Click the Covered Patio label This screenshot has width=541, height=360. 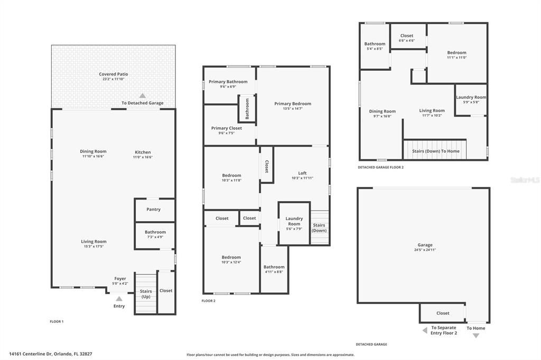(x=114, y=74)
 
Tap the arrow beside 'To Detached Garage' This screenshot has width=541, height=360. (x=142, y=96)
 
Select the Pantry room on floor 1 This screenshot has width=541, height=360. (x=154, y=210)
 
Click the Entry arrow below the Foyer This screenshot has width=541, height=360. (x=119, y=299)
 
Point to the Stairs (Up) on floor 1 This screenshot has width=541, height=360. (x=146, y=293)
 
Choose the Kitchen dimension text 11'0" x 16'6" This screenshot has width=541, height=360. (x=143, y=157)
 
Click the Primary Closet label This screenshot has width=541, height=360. (x=227, y=128)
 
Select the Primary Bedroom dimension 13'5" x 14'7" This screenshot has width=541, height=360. (x=293, y=109)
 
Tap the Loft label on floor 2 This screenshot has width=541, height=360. (x=302, y=173)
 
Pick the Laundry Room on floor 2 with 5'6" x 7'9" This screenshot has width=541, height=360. (x=294, y=223)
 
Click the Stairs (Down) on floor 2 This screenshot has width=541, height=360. (x=319, y=228)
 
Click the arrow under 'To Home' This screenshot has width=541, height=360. (x=475, y=336)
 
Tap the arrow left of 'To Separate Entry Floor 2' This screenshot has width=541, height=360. (x=425, y=330)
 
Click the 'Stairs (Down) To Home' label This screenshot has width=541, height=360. (x=436, y=151)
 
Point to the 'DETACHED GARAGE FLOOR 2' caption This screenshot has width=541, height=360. (x=380, y=167)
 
